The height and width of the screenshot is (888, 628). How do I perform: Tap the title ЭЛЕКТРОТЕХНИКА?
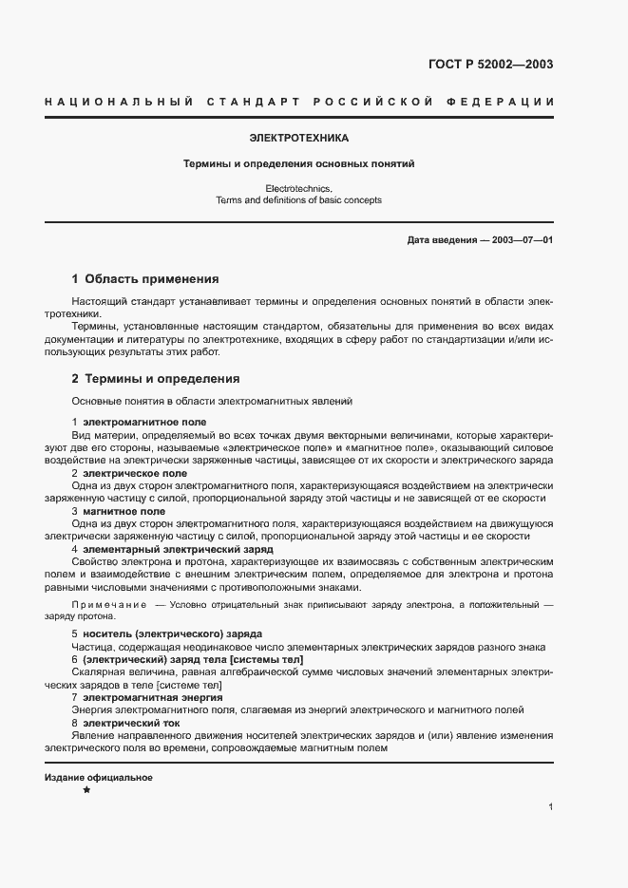[299, 138]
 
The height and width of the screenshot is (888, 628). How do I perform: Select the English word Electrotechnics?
[299, 189]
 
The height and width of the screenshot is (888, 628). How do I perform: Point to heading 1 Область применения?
[145, 280]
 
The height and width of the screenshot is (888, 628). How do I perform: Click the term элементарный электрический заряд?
[164, 549]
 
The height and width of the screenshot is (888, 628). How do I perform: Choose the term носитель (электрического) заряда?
[160, 633]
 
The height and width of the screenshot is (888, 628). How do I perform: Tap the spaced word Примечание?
[109, 605]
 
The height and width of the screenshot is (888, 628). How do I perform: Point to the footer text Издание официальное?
[99, 777]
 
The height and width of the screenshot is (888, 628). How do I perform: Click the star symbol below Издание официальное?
[86, 790]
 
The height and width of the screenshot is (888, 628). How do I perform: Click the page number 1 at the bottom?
[551, 806]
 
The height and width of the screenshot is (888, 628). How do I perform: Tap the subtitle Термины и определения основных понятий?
[299, 163]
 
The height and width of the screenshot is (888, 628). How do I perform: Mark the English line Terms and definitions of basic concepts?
[299, 200]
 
